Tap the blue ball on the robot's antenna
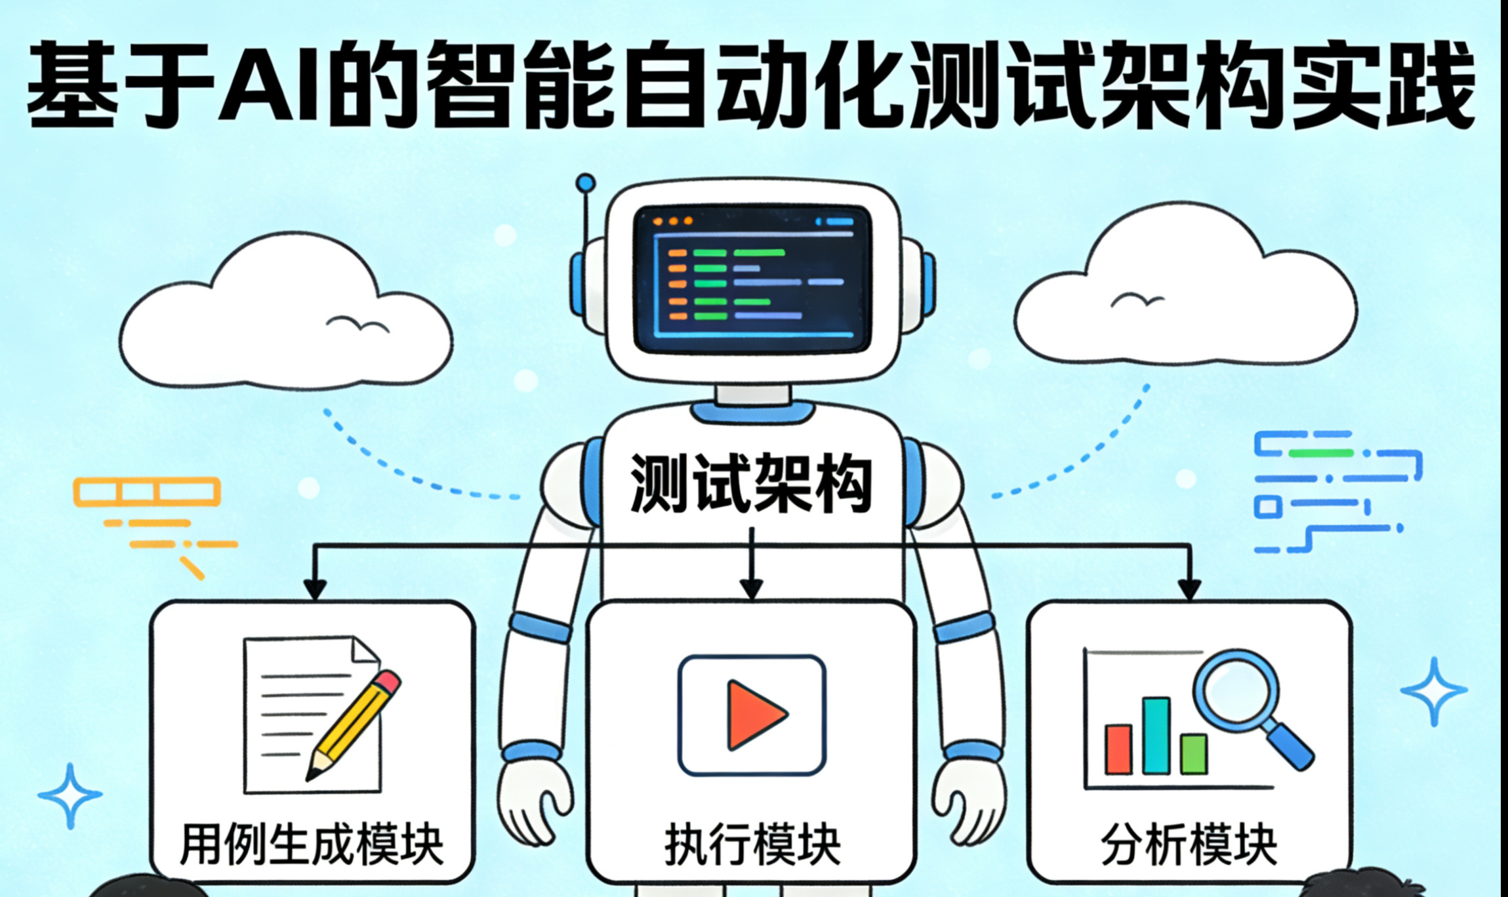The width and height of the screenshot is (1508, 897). (x=585, y=183)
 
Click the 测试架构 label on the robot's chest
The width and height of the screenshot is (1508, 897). (x=751, y=483)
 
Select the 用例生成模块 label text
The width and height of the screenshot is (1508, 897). (x=312, y=844)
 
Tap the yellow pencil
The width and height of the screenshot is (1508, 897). (x=355, y=724)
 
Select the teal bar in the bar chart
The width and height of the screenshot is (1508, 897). (x=1156, y=735)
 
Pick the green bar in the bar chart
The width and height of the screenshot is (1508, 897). (x=1193, y=754)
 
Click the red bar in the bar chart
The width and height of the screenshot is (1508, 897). (x=1118, y=749)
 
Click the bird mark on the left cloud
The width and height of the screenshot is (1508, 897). (x=357, y=323)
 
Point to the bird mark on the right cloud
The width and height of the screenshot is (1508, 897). (x=1137, y=300)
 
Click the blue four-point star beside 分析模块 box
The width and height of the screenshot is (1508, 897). (x=1433, y=691)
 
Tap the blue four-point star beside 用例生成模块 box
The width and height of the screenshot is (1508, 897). (x=70, y=795)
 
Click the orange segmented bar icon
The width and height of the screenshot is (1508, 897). (x=147, y=492)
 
